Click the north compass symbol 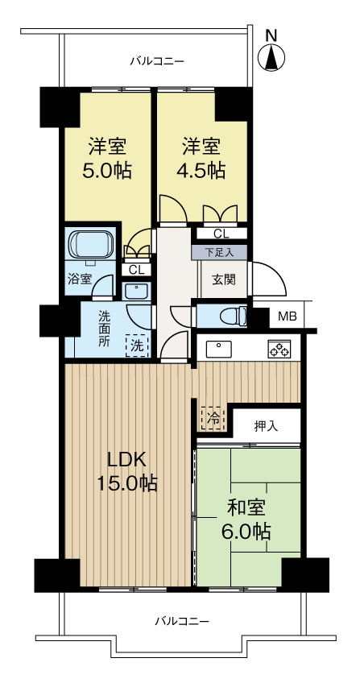tap(272, 56)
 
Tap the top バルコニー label tap(158, 60)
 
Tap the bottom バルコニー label tap(182, 621)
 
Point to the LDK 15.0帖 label tap(126, 471)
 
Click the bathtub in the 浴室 tap(91, 245)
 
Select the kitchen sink tap(218, 349)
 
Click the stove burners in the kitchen tap(279, 350)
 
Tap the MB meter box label tap(287, 317)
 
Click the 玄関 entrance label tap(223, 279)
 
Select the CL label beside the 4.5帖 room tap(220, 234)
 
